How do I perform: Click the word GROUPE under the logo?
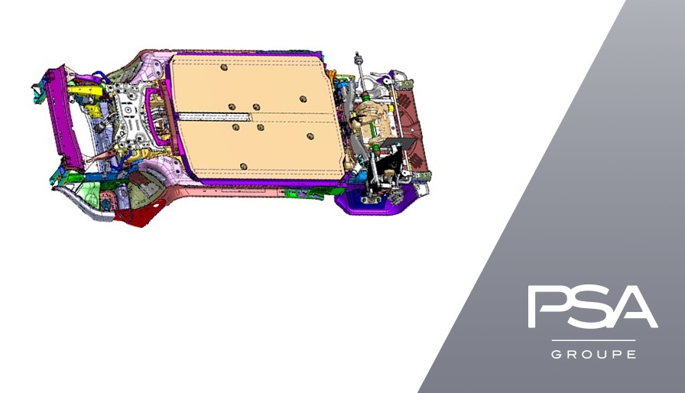[x=593, y=354]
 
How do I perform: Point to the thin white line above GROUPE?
[x=593, y=340]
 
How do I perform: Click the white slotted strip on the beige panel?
[x=215, y=116]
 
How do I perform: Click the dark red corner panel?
[x=138, y=215]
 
